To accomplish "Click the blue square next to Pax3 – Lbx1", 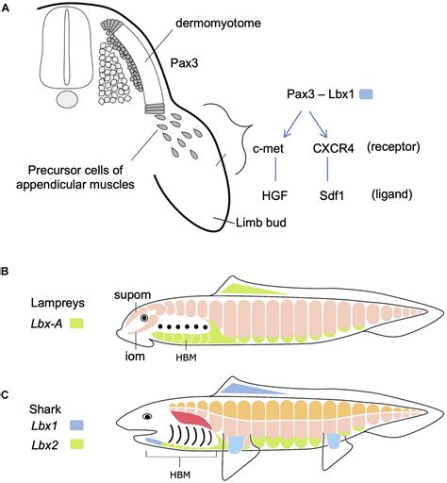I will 367,95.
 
